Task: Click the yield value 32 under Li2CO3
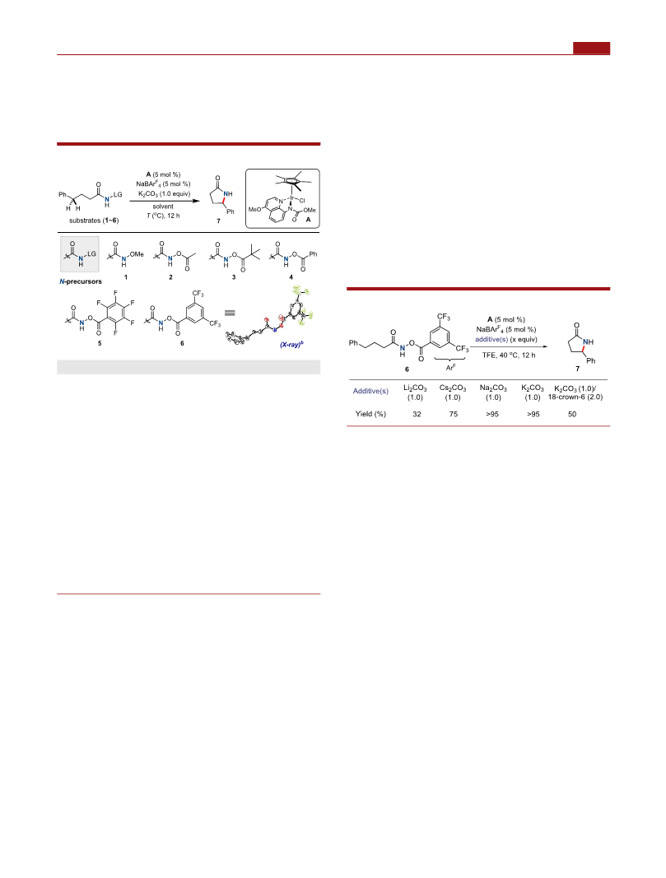click(x=417, y=415)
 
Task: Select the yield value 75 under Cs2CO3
click(x=453, y=415)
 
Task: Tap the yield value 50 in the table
click(x=572, y=415)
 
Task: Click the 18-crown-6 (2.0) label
click(x=575, y=397)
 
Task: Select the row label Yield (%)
click(x=370, y=415)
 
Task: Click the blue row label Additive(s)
click(x=370, y=391)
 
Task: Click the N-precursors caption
click(x=81, y=281)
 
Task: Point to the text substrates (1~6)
click(x=94, y=221)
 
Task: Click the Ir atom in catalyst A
click(x=292, y=197)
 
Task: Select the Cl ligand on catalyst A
click(x=302, y=200)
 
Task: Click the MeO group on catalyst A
click(x=255, y=210)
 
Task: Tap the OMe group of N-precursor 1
click(x=137, y=254)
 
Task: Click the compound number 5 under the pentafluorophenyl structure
click(x=100, y=343)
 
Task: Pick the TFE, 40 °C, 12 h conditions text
click(x=509, y=355)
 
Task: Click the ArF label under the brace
click(x=450, y=368)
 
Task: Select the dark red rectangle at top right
click(x=592, y=49)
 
